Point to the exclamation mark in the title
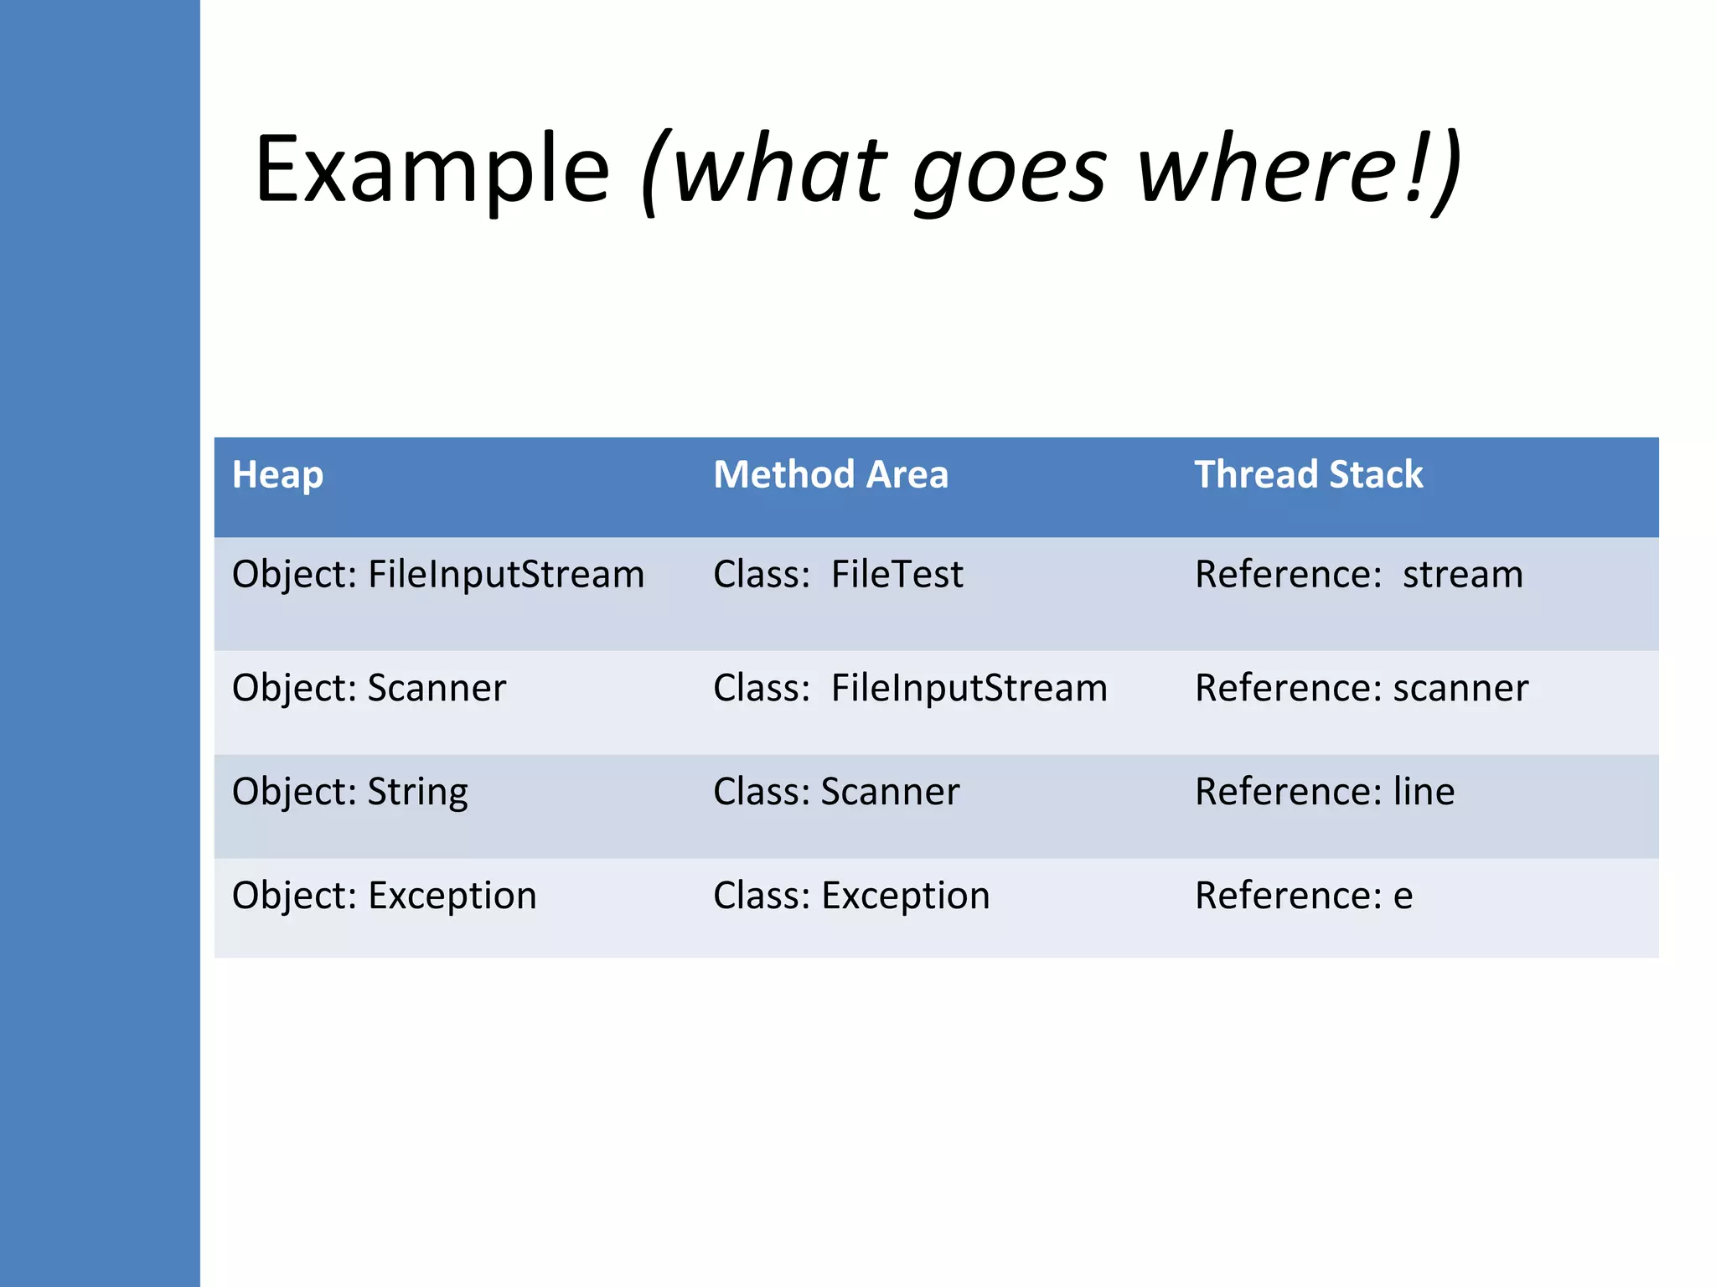1415,168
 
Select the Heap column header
277,475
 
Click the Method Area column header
830,475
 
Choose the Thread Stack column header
1308,475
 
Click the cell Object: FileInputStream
437,575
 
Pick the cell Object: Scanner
369,688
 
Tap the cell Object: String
349,792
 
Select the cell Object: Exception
384,896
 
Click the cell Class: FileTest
838,575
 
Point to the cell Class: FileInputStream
910,688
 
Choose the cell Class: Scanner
836,792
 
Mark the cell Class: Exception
851,896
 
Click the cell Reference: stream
1358,575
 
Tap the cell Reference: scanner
1361,688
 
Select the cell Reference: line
1324,792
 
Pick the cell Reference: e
1304,896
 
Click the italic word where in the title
1265,172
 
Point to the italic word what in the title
779,172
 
